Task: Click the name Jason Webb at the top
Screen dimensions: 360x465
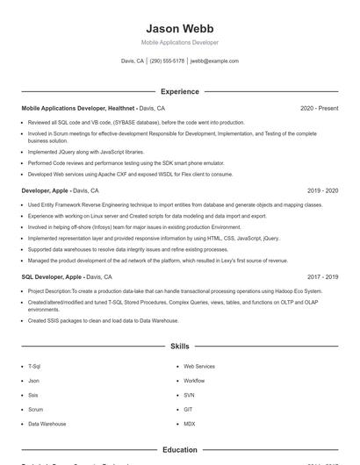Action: click(x=179, y=28)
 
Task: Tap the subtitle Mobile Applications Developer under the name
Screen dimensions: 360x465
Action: click(x=179, y=42)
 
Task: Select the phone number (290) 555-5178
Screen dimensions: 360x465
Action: click(x=167, y=61)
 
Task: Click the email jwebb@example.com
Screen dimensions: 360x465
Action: click(x=214, y=61)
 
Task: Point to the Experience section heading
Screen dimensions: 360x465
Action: click(x=179, y=91)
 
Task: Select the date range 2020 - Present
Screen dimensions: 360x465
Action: click(x=319, y=108)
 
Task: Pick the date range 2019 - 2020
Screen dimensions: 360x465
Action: click(x=322, y=190)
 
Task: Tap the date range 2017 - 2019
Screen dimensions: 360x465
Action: click(x=322, y=276)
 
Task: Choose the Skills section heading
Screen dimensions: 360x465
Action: click(x=179, y=347)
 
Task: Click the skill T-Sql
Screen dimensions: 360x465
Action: click(x=34, y=366)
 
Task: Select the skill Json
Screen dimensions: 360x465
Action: click(x=33, y=381)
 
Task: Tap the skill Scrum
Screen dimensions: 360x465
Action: click(x=35, y=409)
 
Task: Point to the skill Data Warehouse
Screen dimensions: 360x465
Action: click(x=47, y=424)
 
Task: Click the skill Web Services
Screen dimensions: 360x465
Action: click(x=199, y=366)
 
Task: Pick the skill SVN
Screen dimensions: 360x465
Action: click(x=189, y=395)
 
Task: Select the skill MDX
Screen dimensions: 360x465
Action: click(x=189, y=424)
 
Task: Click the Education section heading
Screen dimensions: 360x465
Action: click(x=179, y=450)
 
